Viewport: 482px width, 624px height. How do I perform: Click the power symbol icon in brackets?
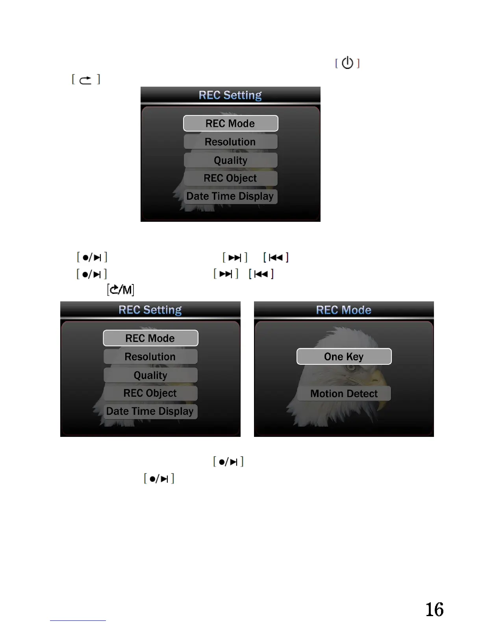(x=347, y=63)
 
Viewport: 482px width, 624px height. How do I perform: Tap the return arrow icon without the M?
(x=85, y=80)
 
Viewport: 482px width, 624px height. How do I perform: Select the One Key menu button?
(x=344, y=357)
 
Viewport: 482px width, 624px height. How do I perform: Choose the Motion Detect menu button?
(x=344, y=394)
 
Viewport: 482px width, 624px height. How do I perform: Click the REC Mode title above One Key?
(x=343, y=310)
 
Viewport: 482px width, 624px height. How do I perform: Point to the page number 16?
(x=434, y=609)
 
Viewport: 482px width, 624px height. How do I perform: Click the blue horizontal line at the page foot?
(x=78, y=620)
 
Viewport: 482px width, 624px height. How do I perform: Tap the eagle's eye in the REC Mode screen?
(x=350, y=368)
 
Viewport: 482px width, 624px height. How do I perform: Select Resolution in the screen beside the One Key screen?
(x=150, y=357)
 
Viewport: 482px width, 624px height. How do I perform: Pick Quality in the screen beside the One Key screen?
(x=150, y=375)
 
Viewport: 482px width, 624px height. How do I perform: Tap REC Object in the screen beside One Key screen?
(x=150, y=393)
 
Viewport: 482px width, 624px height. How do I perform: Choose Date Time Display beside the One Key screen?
(x=150, y=411)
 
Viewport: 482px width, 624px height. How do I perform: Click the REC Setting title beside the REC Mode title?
(x=150, y=310)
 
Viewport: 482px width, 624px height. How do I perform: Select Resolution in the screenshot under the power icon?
(x=230, y=142)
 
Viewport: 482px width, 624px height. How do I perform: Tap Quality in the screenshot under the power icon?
(x=230, y=160)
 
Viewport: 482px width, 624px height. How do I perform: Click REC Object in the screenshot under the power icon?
(x=230, y=178)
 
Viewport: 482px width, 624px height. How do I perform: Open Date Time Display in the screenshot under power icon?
(x=230, y=196)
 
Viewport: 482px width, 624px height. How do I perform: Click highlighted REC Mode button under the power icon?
(x=230, y=123)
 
